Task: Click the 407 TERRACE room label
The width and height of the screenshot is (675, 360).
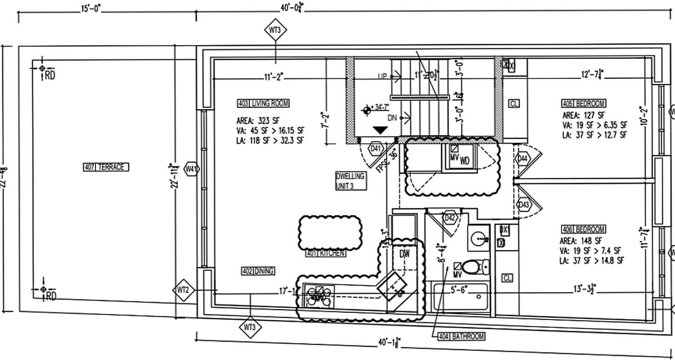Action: [x=106, y=167]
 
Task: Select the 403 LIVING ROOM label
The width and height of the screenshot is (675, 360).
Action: [x=263, y=103]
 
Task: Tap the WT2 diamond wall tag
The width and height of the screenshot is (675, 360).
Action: [x=183, y=290]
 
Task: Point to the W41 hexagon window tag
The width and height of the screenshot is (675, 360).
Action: [x=192, y=169]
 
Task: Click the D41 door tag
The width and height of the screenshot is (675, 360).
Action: [x=375, y=148]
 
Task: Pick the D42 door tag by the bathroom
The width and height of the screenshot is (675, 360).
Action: [x=450, y=218]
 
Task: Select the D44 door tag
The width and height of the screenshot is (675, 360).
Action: [x=523, y=158]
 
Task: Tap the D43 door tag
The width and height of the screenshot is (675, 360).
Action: [x=524, y=205]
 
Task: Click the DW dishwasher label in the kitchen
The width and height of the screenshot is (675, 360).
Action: [x=405, y=254]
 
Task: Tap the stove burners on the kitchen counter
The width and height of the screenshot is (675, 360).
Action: [x=318, y=295]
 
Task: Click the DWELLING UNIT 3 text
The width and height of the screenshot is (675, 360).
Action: [x=350, y=180]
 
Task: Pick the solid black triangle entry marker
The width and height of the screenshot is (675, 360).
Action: [x=381, y=130]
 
